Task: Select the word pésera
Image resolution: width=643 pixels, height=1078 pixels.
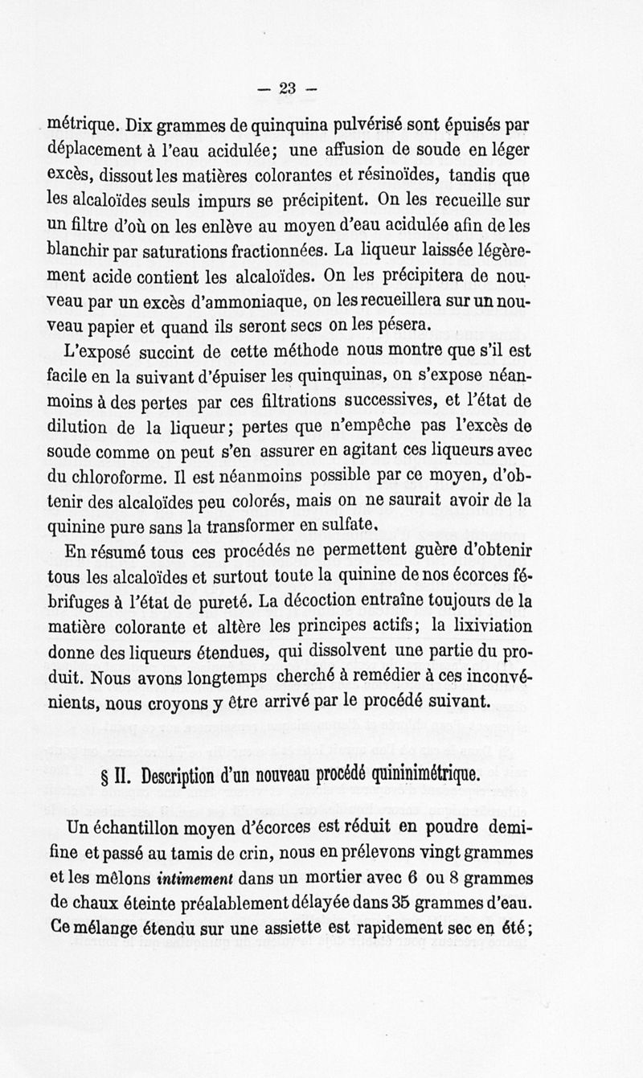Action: coord(408,326)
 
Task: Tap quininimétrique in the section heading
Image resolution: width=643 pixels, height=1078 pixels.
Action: coord(432,776)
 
